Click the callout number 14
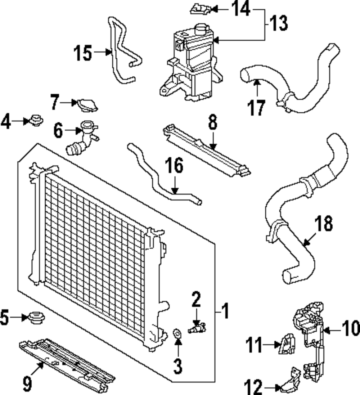[240, 8]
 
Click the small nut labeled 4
[35, 120]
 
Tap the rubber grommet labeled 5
[35, 318]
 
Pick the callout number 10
[349, 328]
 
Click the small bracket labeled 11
[287, 345]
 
